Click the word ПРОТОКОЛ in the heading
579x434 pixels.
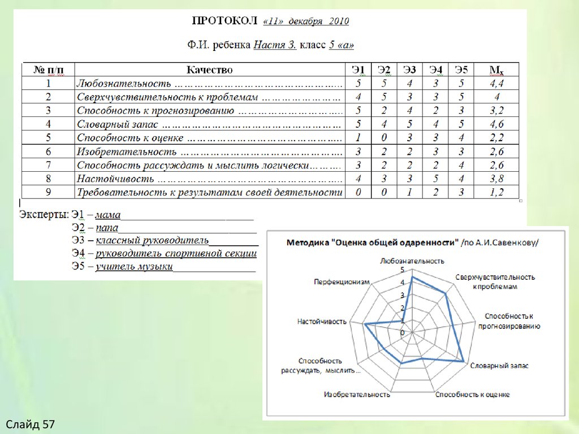point(225,22)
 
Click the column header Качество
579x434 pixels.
point(210,70)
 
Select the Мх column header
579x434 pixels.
point(496,70)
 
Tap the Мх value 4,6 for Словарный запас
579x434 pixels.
point(496,124)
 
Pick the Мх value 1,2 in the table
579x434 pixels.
point(496,193)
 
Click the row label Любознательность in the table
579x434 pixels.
point(123,84)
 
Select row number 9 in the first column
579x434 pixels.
point(48,193)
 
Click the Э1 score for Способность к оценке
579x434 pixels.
point(358,138)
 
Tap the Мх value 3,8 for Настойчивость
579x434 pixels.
point(496,179)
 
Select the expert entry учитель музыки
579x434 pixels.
point(133,266)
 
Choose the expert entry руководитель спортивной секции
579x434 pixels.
point(176,254)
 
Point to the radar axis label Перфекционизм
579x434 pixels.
point(342,281)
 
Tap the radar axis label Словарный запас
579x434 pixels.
point(499,366)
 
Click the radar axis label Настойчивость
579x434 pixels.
point(321,322)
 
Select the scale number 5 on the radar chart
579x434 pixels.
point(403,270)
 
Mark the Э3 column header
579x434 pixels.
point(409,70)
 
